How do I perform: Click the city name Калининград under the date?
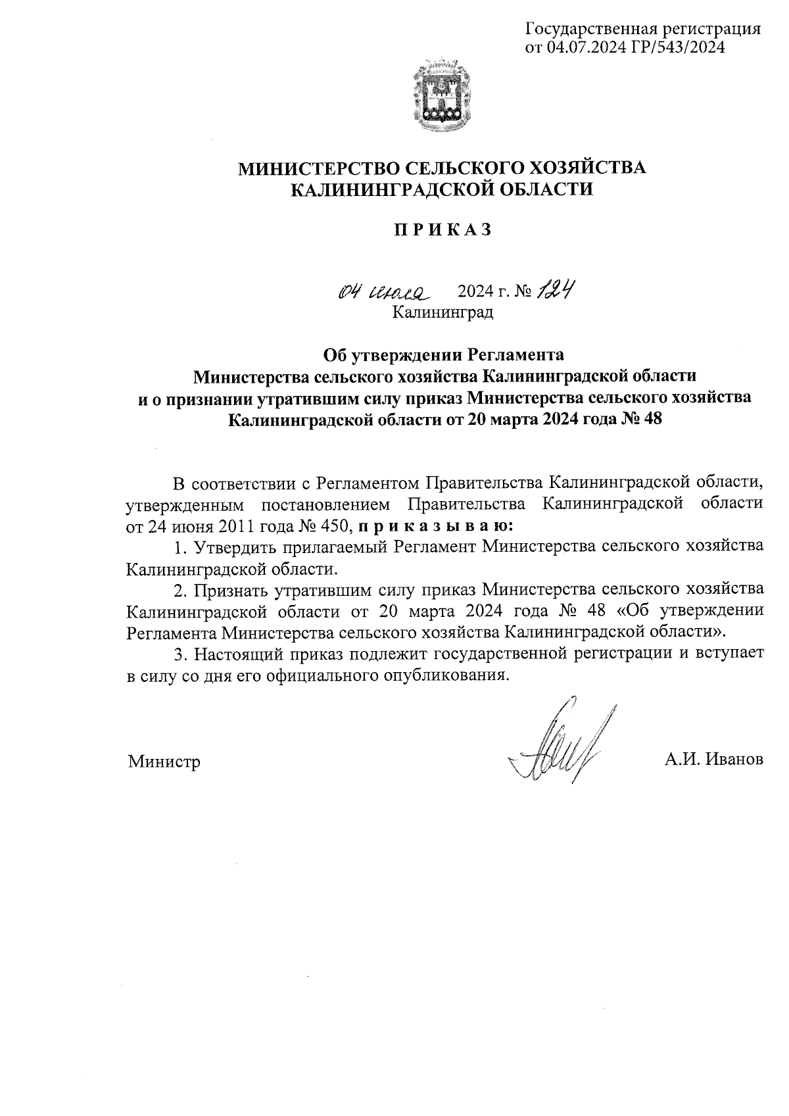point(442,312)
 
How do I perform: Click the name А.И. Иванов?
point(713,760)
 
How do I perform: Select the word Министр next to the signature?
point(164,762)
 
